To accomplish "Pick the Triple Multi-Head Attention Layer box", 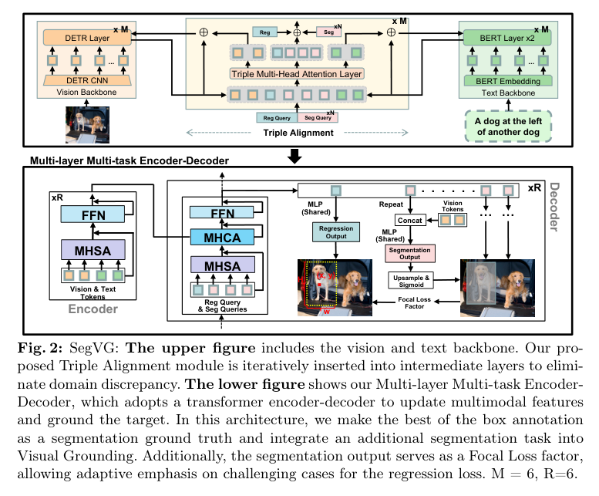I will [x=297, y=74].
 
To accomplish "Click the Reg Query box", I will [x=276, y=118].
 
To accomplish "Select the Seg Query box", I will [x=317, y=118].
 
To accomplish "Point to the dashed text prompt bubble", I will [x=508, y=125].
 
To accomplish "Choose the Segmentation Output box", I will [x=410, y=253].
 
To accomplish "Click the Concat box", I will [x=411, y=221].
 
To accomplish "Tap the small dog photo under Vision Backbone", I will [x=87, y=123].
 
